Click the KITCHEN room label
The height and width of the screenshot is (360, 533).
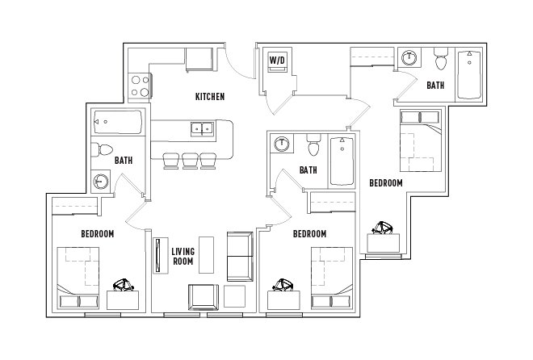coord(210,97)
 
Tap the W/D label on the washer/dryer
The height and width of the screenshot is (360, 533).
coord(277,59)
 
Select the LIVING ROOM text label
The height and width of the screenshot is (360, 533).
coord(183,256)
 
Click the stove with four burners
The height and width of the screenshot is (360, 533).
coord(140,86)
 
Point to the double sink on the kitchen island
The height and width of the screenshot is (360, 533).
coord(202,128)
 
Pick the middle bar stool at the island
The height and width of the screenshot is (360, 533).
coord(191,160)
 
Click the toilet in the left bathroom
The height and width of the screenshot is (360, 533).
coord(103,150)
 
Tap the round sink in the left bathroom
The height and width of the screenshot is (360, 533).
coord(101,180)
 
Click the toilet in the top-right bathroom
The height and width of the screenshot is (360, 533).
coord(441,61)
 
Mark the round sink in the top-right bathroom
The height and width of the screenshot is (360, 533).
coord(411,58)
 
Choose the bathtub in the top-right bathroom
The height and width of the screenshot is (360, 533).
coord(469,75)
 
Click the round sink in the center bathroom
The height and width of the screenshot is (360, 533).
coord(282,144)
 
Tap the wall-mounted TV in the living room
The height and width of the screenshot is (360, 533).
coord(156,257)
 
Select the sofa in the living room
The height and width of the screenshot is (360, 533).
coord(240,255)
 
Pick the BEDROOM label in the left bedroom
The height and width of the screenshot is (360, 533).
coord(97,234)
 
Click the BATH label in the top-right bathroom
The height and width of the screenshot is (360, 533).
coord(435,86)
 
